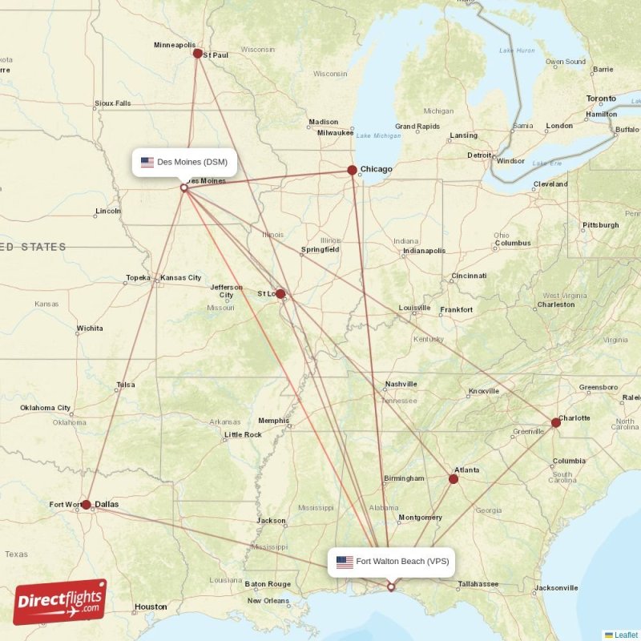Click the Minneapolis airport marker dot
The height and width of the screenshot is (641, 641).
tap(198, 53)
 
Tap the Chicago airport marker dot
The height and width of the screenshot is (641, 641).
tap(352, 170)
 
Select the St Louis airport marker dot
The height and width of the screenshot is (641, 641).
tap(280, 294)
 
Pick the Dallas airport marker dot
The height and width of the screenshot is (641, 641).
tap(86, 505)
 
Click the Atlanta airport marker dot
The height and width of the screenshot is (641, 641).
tap(454, 479)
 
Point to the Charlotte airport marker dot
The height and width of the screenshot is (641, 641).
tap(555, 422)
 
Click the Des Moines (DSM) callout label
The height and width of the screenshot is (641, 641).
tap(184, 162)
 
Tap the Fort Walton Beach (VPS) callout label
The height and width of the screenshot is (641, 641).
tap(392, 562)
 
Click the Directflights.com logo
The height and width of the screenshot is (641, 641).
tap(60, 602)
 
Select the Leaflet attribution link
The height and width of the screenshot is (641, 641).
tap(626, 635)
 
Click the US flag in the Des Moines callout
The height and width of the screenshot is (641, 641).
tap(147, 162)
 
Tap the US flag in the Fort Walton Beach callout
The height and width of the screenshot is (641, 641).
tap(345, 562)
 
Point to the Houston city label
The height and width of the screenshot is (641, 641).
tap(151, 607)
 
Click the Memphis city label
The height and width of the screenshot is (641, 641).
tap(273, 421)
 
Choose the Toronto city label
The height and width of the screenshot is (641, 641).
tap(601, 99)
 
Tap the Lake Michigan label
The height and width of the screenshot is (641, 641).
tap(378, 135)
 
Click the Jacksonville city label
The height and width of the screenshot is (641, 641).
tap(556, 588)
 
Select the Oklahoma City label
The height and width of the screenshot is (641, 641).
tap(46, 408)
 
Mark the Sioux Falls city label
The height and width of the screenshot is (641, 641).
tap(112, 103)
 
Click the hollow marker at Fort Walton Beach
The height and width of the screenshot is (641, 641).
tap(391, 587)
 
